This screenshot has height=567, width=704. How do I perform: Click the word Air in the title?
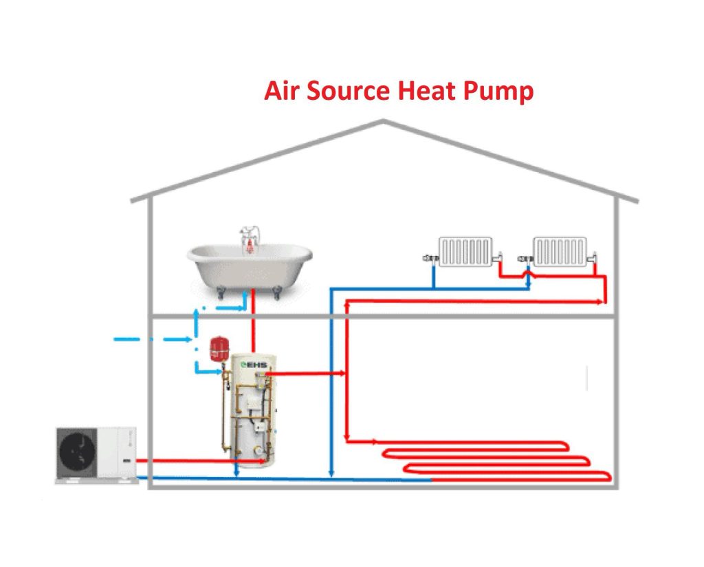[x=281, y=91]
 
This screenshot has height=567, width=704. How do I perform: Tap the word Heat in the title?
[x=426, y=91]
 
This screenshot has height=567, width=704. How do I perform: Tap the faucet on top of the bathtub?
[x=248, y=237]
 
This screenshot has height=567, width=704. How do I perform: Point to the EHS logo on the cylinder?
[x=250, y=364]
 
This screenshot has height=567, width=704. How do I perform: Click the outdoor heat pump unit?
[x=96, y=453]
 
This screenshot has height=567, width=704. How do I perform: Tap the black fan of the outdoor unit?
[x=81, y=453]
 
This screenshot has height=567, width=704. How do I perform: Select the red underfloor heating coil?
[x=495, y=460]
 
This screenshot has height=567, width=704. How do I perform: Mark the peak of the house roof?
[x=384, y=122]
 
